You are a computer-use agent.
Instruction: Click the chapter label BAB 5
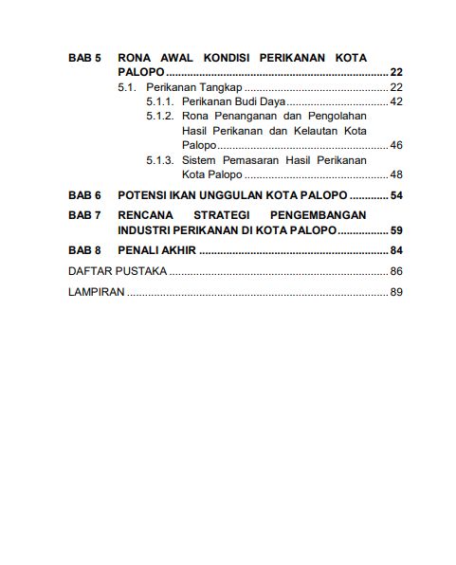click(x=84, y=58)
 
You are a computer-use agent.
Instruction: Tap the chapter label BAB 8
click(x=84, y=250)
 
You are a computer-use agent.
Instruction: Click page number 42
click(x=396, y=101)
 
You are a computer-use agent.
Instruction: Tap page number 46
click(x=396, y=145)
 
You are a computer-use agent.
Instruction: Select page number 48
click(x=396, y=174)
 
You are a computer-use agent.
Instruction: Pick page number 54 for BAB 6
click(x=396, y=195)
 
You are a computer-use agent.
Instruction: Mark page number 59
click(x=396, y=230)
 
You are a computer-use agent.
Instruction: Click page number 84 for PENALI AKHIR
click(x=396, y=250)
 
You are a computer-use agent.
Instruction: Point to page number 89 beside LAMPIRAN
click(x=396, y=292)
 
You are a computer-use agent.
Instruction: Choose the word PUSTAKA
click(x=142, y=272)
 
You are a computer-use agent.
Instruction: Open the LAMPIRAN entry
click(x=97, y=292)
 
